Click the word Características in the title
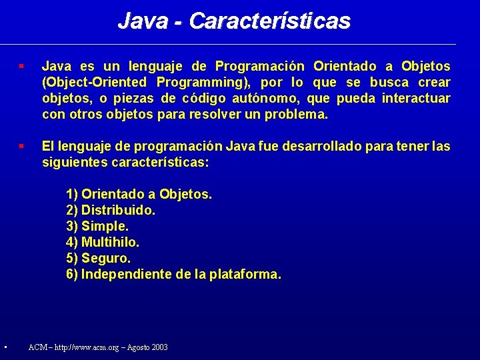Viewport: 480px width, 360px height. [x=269, y=21]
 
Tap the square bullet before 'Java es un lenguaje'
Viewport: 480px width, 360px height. [x=22, y=67]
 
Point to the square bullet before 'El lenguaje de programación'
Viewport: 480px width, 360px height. [x=22, y=145]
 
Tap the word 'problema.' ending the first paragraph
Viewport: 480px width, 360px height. [x=297, y=115]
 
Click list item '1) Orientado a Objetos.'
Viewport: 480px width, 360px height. [x=139, y=195]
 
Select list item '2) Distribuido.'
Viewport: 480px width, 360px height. [x=111, y=211]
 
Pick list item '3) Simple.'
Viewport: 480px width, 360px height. [x=97, y=227]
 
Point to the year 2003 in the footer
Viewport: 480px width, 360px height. [x=159, y=347]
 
